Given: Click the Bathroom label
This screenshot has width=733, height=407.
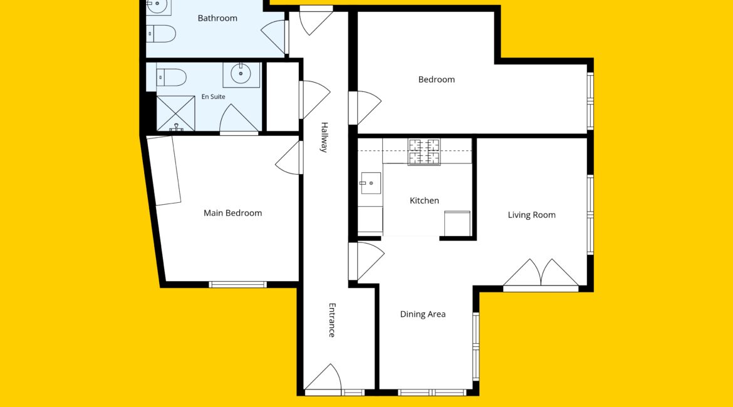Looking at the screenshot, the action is (x=217, y=18).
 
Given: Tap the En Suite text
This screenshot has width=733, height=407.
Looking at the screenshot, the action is (x=213, y=96).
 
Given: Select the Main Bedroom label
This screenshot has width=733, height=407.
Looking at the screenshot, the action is (x=233, y=213).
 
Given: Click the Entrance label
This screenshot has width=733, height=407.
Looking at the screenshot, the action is (x=332, y=320).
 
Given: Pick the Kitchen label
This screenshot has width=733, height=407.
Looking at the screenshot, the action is (x=424, y=200).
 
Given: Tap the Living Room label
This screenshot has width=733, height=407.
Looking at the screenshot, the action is (x=531, y=215).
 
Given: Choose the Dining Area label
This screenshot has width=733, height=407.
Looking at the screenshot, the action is (x=423, y=314).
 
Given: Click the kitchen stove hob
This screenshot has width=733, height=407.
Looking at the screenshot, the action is (x=424, y=152).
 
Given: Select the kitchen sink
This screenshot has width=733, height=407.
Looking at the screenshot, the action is (x=370, y=183).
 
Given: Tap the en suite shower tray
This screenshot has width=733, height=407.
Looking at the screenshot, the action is (x=175, y=113).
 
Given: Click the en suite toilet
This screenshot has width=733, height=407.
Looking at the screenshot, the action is (x=171, y=78).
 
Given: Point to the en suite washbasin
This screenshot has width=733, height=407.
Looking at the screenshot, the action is (x=241, y=75).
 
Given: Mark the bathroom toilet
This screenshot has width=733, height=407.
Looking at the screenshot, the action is (x=161, y=34).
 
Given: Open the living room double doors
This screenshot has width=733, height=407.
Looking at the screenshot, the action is (x=541, y=273).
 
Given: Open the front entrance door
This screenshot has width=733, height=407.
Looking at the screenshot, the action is (x=323, y=377).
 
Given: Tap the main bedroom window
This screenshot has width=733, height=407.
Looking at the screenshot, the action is (x=237, y=284).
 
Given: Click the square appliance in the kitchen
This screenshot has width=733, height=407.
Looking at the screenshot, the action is (x=457, y=224).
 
